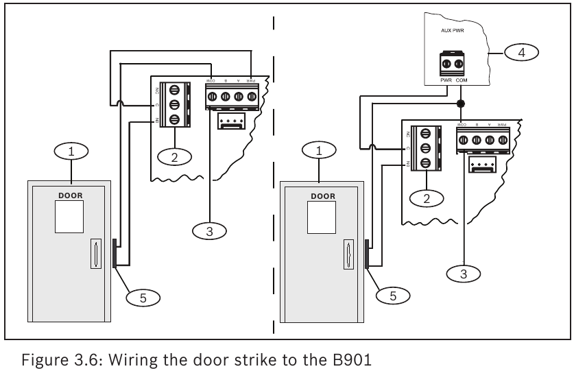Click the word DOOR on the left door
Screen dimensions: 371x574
pyautogui.click(x=70, y=195)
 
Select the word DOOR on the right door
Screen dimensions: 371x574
pyautogui.click(x=322, y=195)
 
